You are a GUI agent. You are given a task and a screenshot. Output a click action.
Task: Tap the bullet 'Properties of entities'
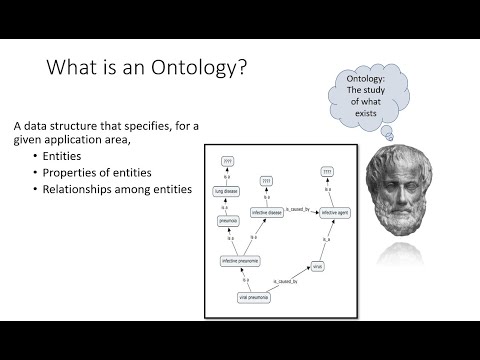coord(98,172)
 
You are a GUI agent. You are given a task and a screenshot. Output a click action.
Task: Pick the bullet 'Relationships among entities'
coord(117,188)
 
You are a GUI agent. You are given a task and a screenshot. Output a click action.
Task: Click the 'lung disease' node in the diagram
coord(227,190)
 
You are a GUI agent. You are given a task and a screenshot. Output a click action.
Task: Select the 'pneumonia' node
coord(227,220)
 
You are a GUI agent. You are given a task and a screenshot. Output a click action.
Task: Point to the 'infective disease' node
coord(267,213)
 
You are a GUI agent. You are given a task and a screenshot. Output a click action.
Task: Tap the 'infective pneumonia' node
coord(241,261)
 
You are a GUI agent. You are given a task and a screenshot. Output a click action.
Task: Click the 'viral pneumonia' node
coord(255,298)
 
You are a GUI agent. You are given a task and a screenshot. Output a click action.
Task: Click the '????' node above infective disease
coord(267,183)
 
